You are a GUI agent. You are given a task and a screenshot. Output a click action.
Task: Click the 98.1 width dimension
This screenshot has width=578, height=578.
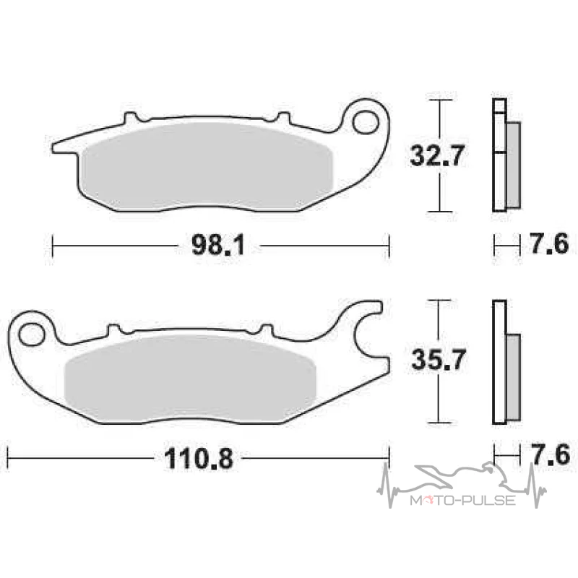(218, 245)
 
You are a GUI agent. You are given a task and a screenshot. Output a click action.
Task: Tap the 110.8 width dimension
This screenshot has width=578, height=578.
(199, 459)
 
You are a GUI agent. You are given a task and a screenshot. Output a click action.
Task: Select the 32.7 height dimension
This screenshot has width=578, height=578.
(436, 155)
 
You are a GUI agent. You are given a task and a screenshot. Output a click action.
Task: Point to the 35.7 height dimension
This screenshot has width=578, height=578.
(438, 359)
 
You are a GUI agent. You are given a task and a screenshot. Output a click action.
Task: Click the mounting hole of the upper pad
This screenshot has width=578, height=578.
(366, 122)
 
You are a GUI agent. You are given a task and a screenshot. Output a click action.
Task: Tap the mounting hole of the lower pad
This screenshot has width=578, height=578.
(31, 335)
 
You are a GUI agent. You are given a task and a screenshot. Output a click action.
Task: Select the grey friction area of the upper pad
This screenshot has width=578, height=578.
(207, 166)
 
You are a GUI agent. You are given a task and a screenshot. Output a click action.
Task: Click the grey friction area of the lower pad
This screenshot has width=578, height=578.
(190, 379)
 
